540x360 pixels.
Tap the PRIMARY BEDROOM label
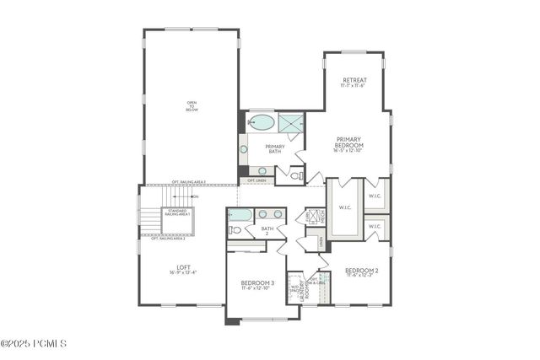point(349,144)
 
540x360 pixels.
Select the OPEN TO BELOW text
point(192,106)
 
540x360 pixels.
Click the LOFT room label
point(183,270)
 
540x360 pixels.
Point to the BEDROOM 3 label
point(257,284)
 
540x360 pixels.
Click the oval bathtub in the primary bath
point(262,123)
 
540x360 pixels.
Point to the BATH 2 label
point(267,230)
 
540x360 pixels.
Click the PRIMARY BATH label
point(275,148)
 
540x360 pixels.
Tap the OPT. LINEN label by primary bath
point(257,180)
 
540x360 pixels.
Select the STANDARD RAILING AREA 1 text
point(178,213)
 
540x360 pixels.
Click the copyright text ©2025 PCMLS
point(34,343)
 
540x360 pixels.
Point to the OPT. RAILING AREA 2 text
point(168,239)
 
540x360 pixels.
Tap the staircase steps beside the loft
point(150,221)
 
